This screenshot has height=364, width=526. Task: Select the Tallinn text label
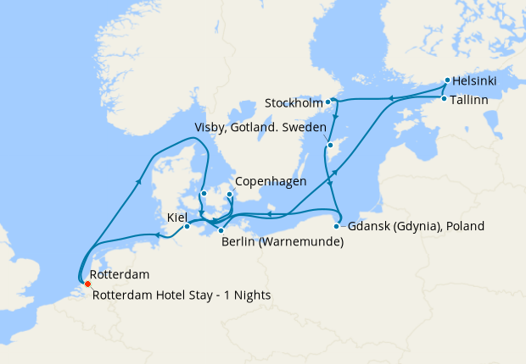pos(473,100)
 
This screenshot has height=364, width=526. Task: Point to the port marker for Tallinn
pos(443,100)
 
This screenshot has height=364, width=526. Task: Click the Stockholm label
pos(294,103)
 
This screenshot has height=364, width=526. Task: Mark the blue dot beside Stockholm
pos(328,103)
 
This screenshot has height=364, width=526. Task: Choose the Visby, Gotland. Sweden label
pos(260,128)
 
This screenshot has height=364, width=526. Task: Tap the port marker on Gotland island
pos(330,146)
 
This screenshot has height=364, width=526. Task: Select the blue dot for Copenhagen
pos(230,194)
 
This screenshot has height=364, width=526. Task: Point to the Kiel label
pos(176,218)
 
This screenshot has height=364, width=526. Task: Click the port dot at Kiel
pos(187,226)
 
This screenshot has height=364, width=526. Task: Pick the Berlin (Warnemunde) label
pos(282,242)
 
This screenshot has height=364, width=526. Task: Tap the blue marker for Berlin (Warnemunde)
pos(220,230)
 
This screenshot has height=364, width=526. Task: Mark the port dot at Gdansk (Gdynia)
pos(337,226)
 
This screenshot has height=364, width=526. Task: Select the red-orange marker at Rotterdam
pos(87,284)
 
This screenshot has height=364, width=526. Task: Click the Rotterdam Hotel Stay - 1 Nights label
pos(181,295)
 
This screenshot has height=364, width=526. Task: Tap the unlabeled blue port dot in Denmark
pos(204,193)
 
